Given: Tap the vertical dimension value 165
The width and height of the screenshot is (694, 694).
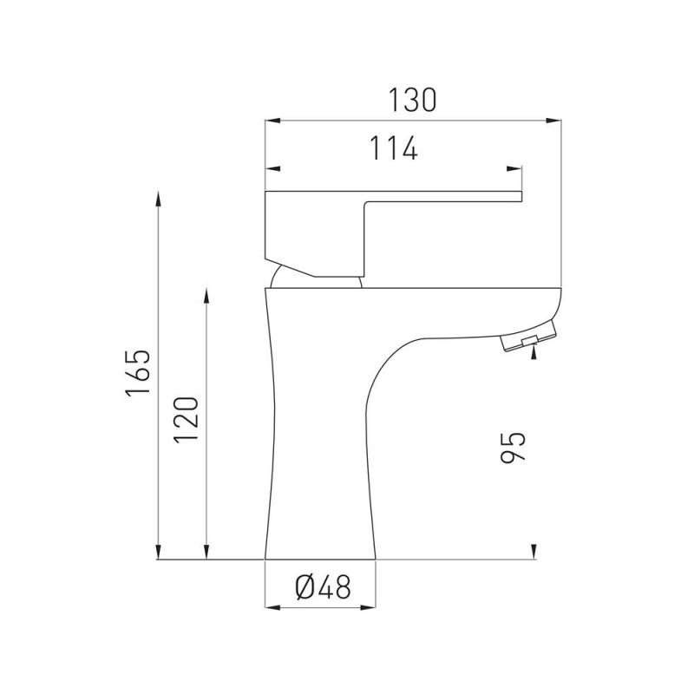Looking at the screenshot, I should point(139,374).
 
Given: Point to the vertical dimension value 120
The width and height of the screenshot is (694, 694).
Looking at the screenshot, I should point(187,420).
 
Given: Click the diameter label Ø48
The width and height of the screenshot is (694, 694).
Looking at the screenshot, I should point(323,588).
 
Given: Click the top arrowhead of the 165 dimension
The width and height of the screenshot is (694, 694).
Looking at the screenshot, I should point(159,198).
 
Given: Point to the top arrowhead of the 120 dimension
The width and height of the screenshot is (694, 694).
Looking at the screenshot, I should point(206,295).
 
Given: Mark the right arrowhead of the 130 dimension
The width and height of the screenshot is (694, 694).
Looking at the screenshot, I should point(556,120).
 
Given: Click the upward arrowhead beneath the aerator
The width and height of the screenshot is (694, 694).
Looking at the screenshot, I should point(533,349).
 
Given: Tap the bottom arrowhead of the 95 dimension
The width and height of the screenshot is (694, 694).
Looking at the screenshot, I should point(533,552).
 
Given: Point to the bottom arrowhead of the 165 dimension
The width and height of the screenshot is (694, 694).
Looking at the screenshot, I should point(159,552).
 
